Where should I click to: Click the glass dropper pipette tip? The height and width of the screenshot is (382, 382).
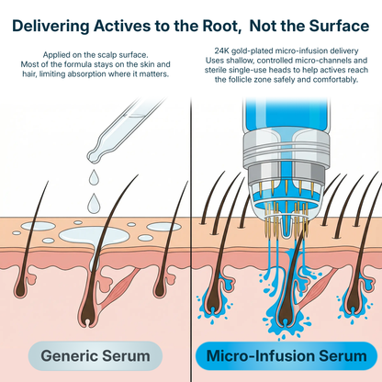[98, 145]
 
